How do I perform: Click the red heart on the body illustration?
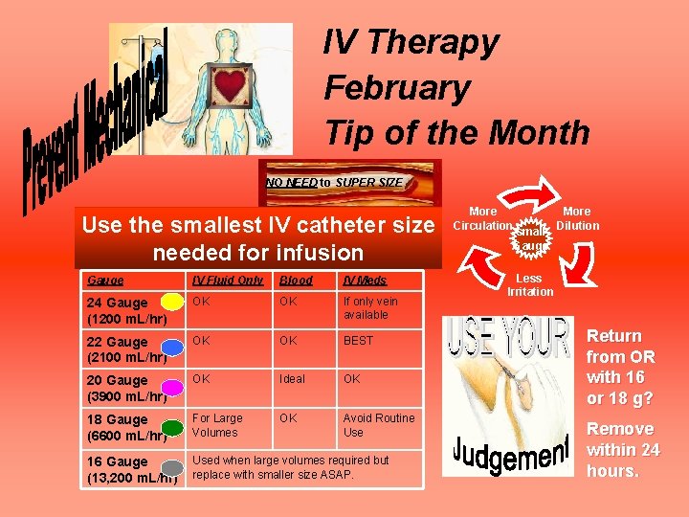point(230,86)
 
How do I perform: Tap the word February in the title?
point(397,87)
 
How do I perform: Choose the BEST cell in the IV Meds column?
point(358,340)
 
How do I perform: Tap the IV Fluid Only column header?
point(227,281)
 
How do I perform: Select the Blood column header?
point(295,281)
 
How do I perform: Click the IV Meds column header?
point(366,281)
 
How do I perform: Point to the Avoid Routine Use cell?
point(378,425)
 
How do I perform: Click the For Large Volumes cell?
point(217,425)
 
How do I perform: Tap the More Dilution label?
point(577,218)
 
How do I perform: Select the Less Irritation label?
point(529,284)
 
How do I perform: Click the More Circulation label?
point(482,218)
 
